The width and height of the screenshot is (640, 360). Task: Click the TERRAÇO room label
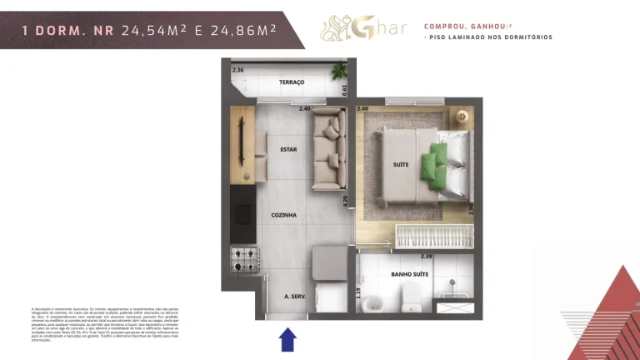[292, 82]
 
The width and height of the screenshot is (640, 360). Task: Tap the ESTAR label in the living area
[289, 150]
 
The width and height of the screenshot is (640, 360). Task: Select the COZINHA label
[283, 215]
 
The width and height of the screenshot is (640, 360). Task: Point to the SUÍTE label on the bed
[401, 165]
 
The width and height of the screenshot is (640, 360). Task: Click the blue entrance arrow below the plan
[287, 339]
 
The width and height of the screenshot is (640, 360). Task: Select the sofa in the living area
[330, 150]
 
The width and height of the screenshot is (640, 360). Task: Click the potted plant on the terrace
[339, 72]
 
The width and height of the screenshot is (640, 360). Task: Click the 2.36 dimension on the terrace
[237, 70]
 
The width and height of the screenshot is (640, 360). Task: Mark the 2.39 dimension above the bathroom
[426, 256]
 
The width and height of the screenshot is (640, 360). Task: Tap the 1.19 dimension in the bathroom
[359, 292]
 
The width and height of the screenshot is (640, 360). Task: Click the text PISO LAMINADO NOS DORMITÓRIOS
[490, 37]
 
